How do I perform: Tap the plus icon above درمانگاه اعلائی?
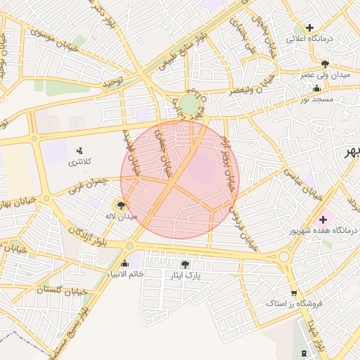[x=309, y=27]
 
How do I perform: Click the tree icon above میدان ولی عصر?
[x=324, y=63]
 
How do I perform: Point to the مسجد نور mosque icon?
[x=316, y=89]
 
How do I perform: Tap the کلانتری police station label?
[x=79, y=162]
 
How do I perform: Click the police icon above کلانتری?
[x=79, y=150]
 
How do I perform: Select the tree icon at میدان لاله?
[x=122, y=205]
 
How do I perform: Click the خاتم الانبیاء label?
[x=125, y=274]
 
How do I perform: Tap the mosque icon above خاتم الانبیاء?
[x=125, y=263]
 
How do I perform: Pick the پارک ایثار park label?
[x=184, y=276]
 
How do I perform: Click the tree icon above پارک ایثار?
[x=185, y=264]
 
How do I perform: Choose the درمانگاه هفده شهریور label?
[x=324, y=230]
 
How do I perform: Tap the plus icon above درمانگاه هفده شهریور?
[x=323, y=218]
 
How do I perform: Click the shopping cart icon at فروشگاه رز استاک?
[x=293, y=294]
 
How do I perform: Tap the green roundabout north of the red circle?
[x=189, y=105]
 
